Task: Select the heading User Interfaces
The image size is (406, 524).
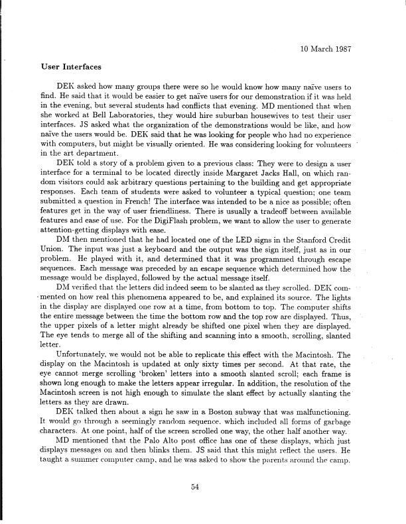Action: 69,68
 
